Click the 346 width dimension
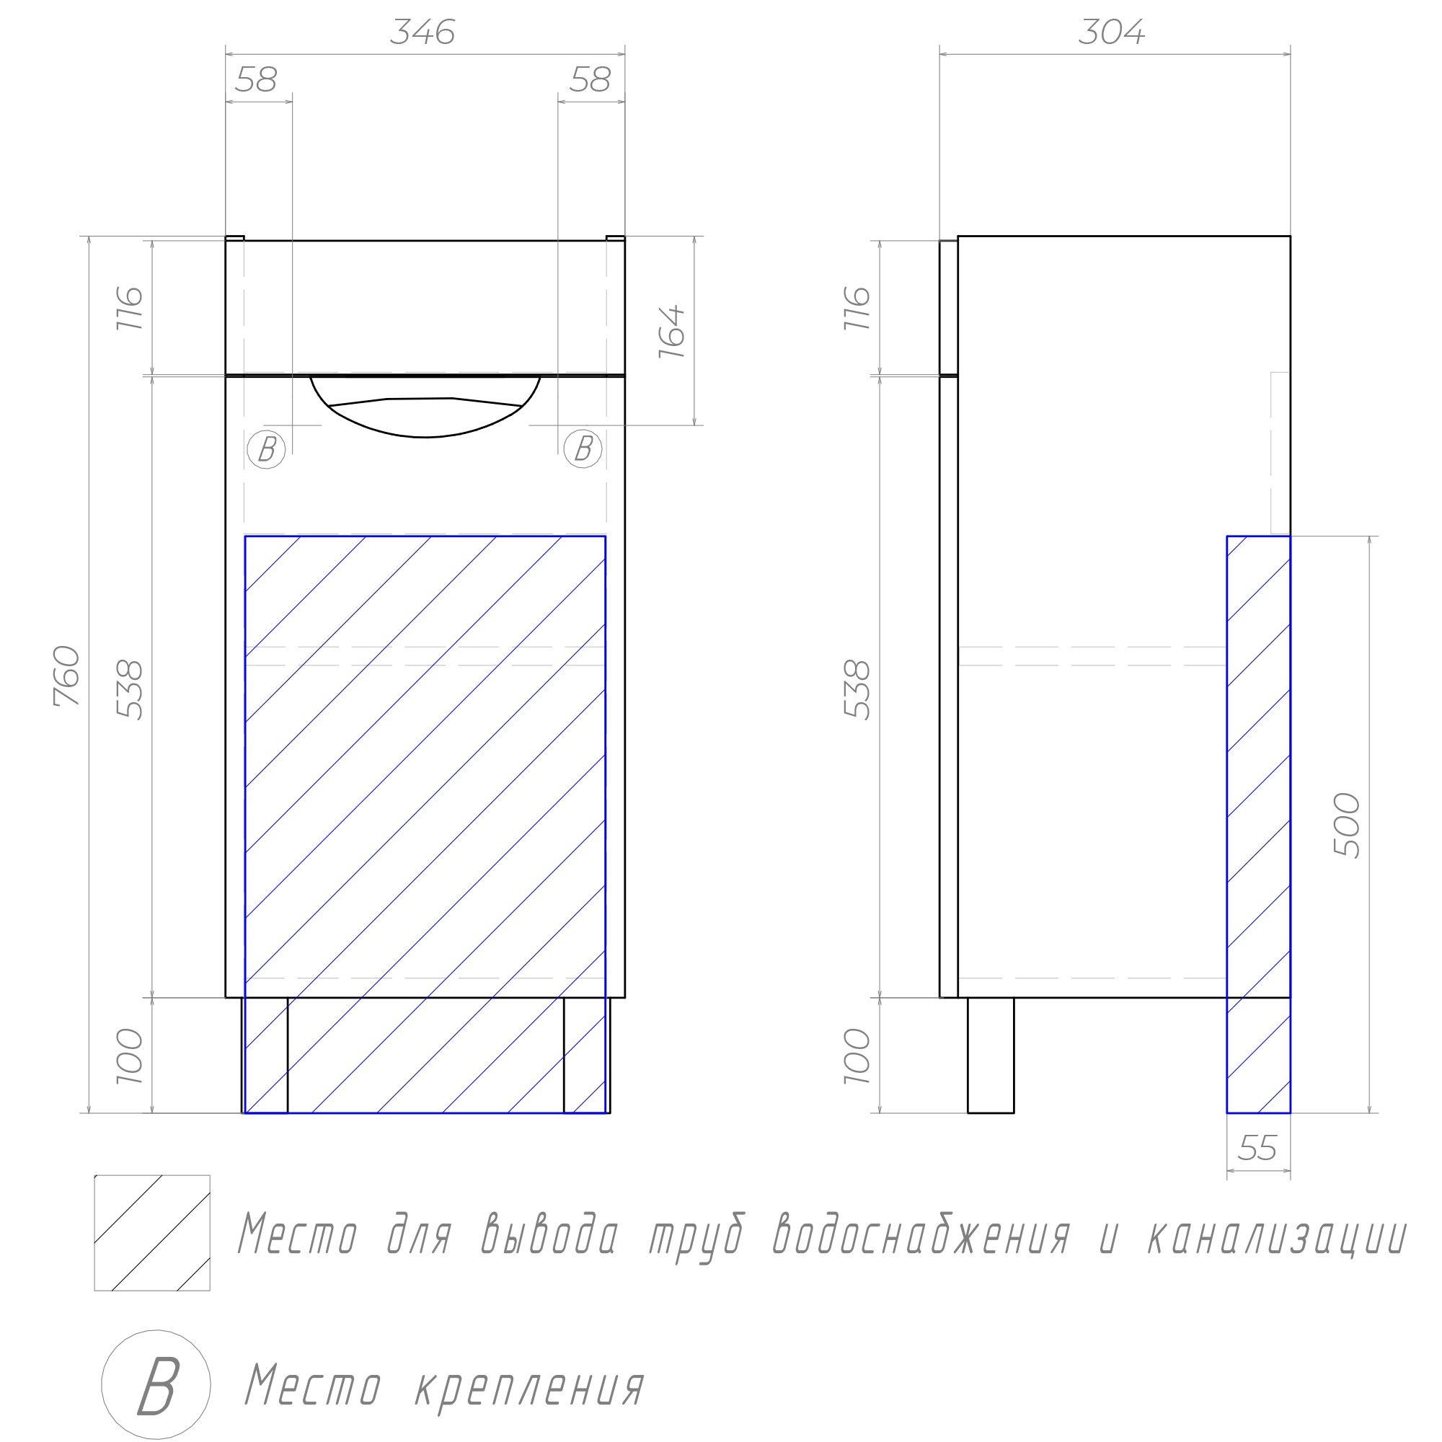[423, 32]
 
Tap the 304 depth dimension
[1111, 32]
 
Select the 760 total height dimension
[67, 676]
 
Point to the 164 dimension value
[672, 332]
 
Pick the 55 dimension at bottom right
[1257, 1149]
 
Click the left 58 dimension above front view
[256, 79]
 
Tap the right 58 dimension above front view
[590, 79]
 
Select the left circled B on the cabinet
[267, 449]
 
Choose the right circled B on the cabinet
[583, 449]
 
